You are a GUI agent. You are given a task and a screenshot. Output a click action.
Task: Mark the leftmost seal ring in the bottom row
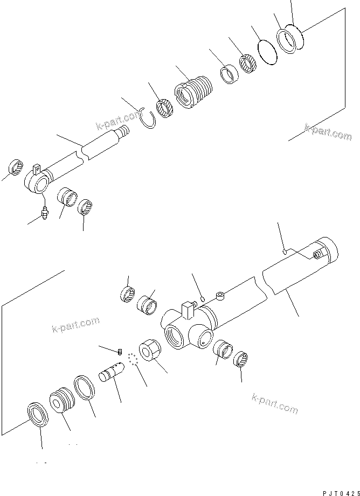point(37,415)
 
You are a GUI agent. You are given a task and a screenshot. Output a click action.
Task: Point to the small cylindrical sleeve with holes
point(112,372)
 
